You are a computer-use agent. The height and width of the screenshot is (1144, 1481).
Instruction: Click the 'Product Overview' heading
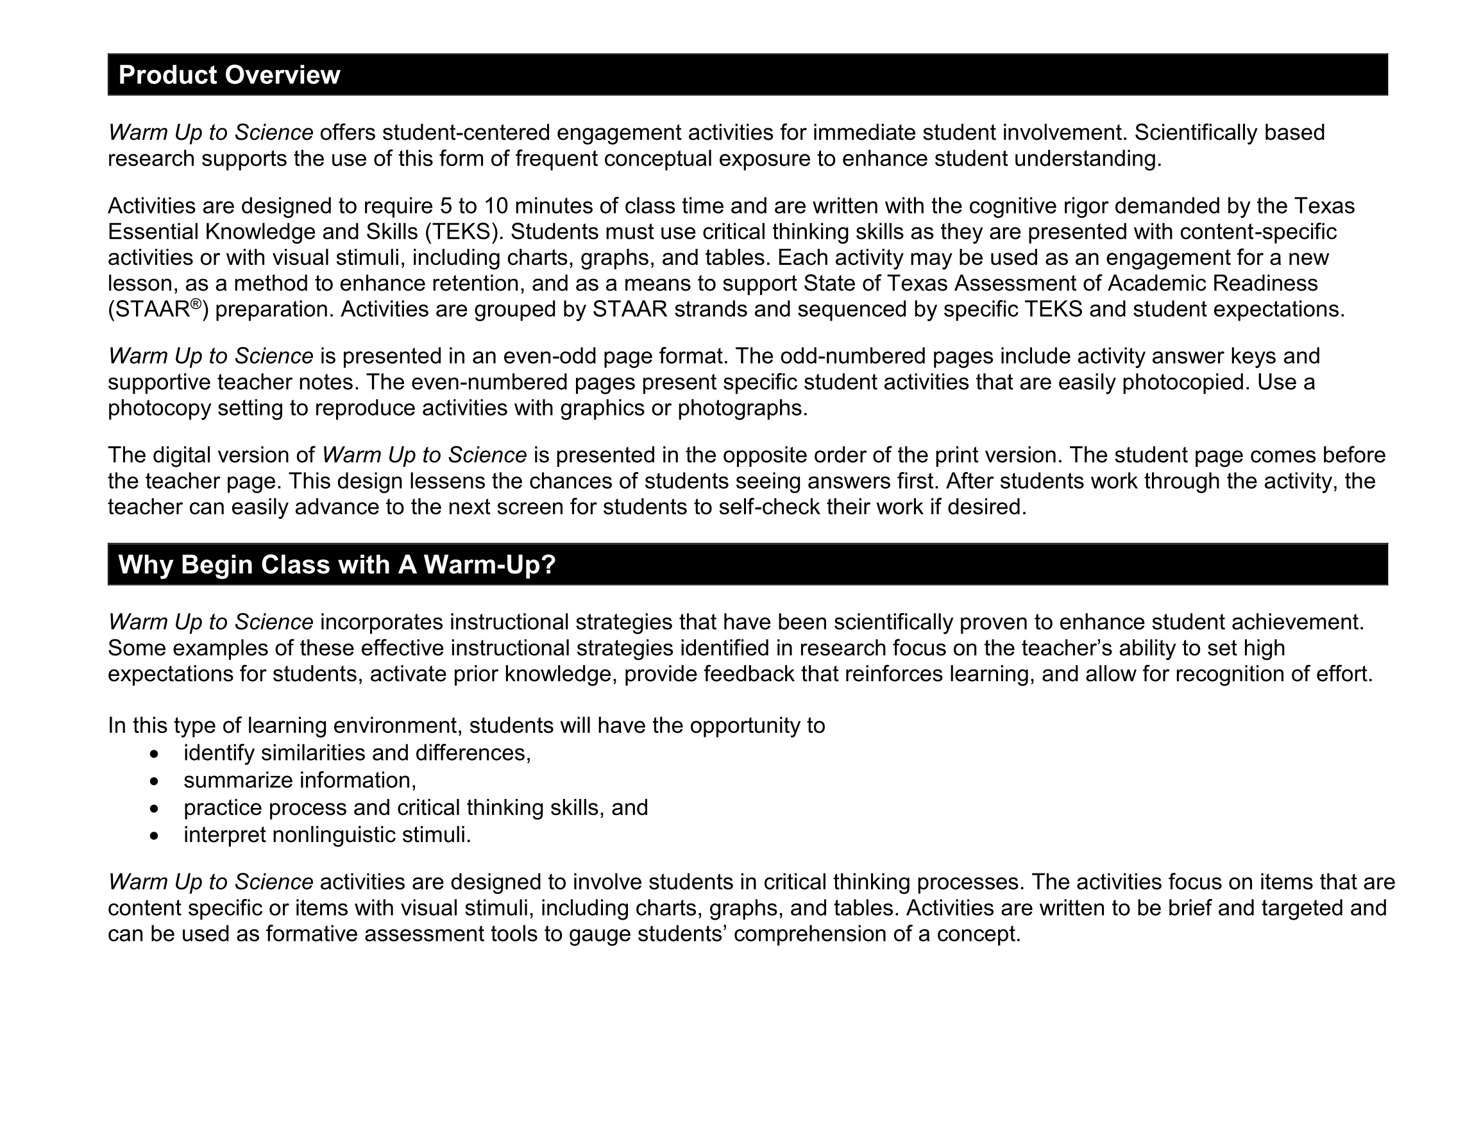(x=229, y=74)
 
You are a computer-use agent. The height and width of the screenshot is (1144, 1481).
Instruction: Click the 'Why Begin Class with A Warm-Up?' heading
(x=337, y=565)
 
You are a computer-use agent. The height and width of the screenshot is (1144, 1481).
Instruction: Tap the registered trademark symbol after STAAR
(x=196, y=304)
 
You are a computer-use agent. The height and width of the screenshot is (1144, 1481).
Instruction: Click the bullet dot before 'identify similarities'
(x=155, y=754)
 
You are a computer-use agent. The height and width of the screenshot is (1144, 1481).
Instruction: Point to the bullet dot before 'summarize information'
(x=155, y=781)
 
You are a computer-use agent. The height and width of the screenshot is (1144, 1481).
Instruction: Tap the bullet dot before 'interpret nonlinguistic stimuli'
(x=155, y=836)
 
